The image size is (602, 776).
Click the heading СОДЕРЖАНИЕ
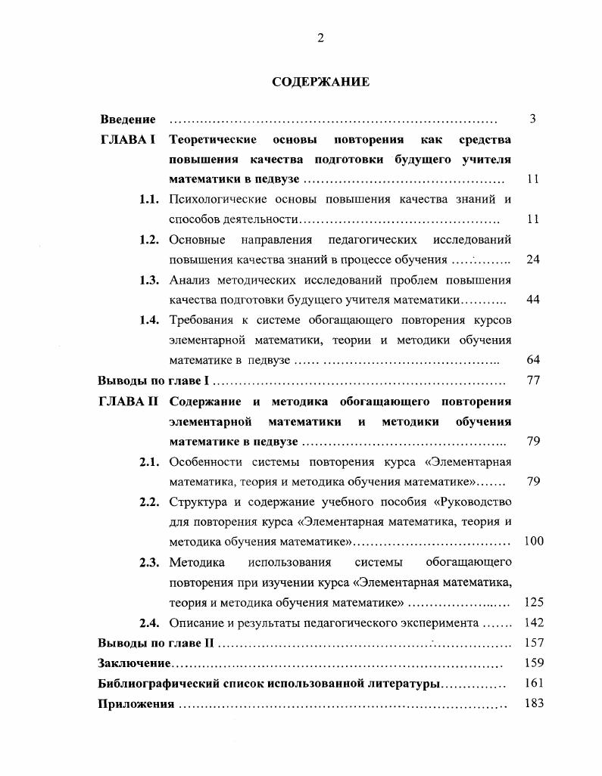pyautogui.click(x=320, y=82)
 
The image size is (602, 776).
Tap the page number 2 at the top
pyautogui.click(x=320, y=39)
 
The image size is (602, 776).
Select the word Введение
pyautogui.click(x=128, y=120)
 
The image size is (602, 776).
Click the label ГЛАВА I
pyautogui.click(x=128, y=140)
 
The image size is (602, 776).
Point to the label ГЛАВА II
pyautogui.click(x=128, y=401)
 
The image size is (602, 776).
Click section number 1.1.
pyautogui.click(x=149, y=200)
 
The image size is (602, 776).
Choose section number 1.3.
pyautogui.click(x=149, y=280)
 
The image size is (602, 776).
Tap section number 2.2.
pyautogui.click(x=149, y=501)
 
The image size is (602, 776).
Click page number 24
pyautogui.click(x=532, y=259)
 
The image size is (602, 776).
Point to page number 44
pyautogui.click(x=532, y=300)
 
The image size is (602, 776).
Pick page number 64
pyautogui.click(x=532, y=360)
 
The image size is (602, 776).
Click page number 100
pyautogui.click(x=534, y=542)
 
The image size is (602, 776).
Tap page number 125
pyautogui.click(x=534, y=603)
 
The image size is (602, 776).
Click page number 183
pyautogui.click(x=534, y=704)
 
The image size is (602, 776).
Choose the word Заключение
pyautogui.click(x=134, y=664)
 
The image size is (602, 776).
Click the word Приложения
pyautogui.click(x=136, y=704)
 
